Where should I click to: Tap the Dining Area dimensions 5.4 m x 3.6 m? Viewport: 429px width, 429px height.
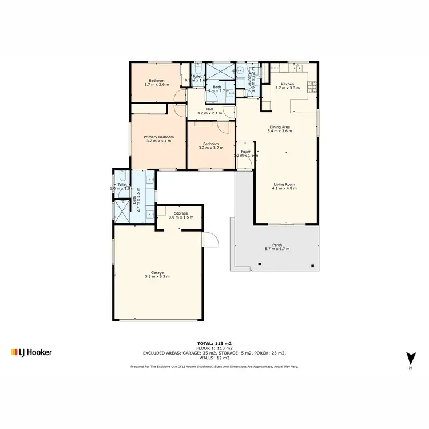pyautogui.click(x=280, y=131)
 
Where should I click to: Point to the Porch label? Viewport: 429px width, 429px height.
pyautogui.click(x=277, y=245)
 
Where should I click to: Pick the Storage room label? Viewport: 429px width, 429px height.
pyautogui.click(x=181, y=213)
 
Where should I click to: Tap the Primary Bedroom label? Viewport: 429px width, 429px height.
pyautogui.click(x=158, y=137)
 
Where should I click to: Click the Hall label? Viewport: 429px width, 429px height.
pyautogui.click(x=209, y=109)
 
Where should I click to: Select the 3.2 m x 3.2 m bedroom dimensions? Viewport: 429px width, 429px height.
pyautogui.click(x=210, y=148)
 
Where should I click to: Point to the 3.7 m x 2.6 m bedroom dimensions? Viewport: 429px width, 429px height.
pyautogui.click(x=157, y=85)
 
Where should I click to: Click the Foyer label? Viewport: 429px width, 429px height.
pyautogui.click(x=246, y=151)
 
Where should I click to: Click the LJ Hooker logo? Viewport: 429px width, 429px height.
pyautogui.click(x=31, y=352)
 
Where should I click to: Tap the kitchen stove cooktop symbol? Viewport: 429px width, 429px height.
pyautogui.click(x=312, y=87)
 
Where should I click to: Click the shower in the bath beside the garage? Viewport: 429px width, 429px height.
pyautogui.click(x=122, y=210)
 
